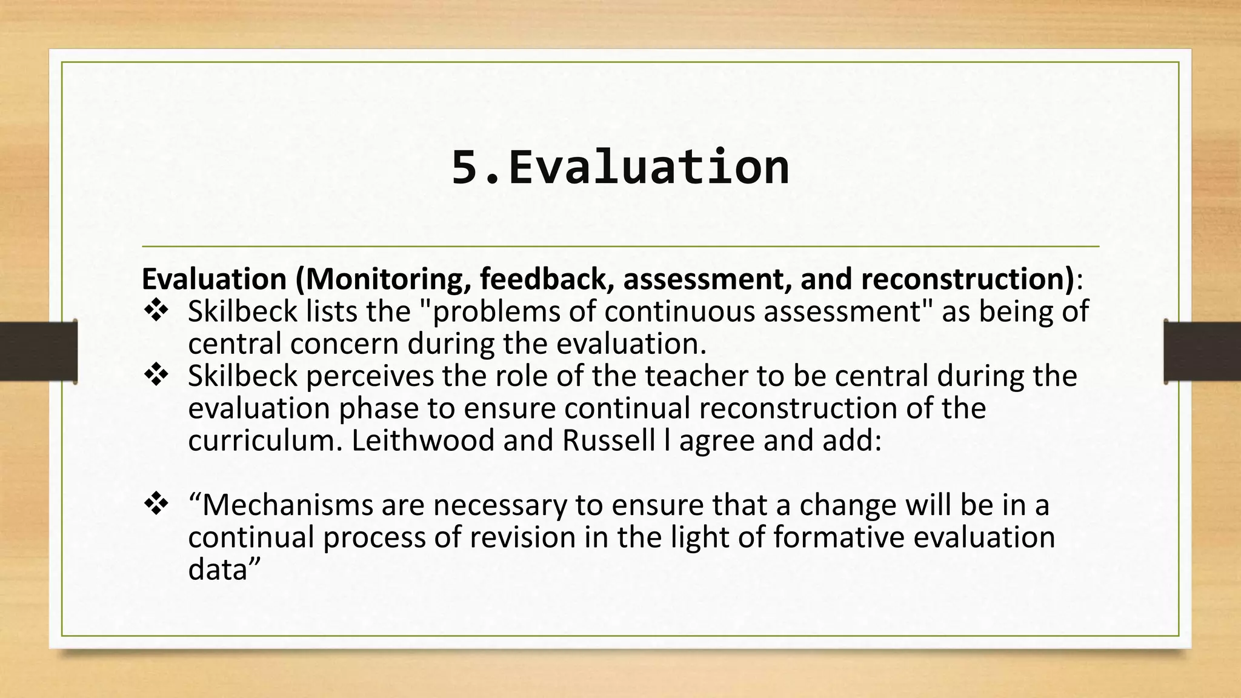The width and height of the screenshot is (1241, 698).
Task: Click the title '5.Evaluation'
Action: [x=620, y=167]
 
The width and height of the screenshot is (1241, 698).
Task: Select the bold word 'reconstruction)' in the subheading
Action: [x=967, y=279]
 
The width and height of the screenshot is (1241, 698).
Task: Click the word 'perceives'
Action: [x=370, y=377]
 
